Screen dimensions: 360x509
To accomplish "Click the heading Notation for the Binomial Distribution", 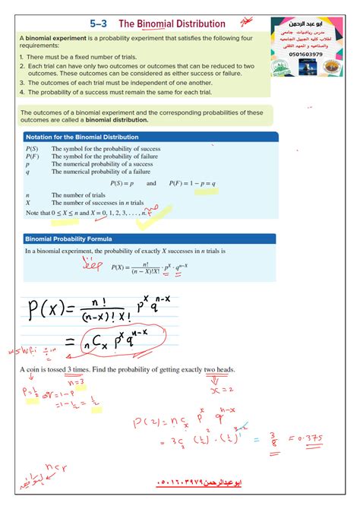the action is tap(82, 137).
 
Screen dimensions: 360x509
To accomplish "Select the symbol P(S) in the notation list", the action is tap(32, 149).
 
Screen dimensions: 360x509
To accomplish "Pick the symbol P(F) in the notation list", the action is tap(32, 156).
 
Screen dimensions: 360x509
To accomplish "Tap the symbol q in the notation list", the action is tap(27, 172).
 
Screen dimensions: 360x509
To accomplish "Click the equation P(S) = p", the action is tap(122, 183).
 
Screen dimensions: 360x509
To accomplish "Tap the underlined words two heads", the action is tap(219, 370).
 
